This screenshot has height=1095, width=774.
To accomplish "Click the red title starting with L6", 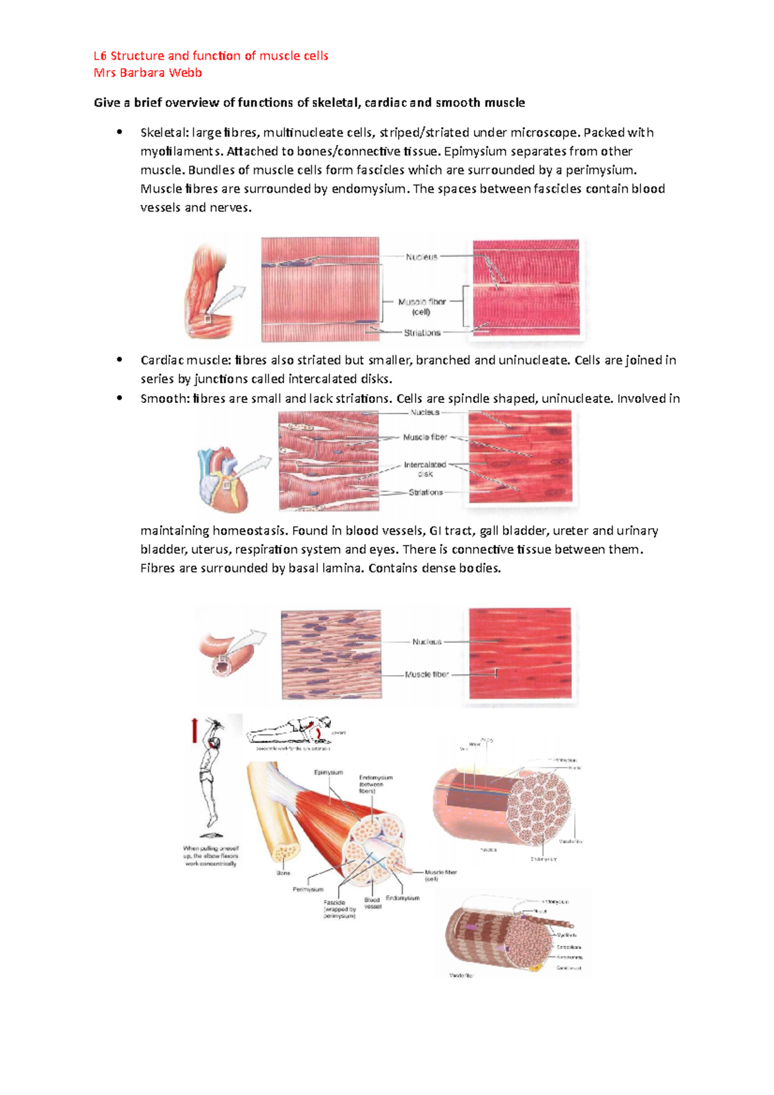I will pyautogui.click(x=211, y=56).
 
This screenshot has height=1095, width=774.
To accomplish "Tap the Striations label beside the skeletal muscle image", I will pyautogui.click(x=422, y=333).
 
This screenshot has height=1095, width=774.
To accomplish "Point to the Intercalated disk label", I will pyautogui.click(x=425, y=469).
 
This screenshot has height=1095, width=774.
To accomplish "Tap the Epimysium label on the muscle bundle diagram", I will pyautogui.click(x=328, y=772).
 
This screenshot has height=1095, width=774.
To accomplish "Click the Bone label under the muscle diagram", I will pyautogui.click(x=283, y=873).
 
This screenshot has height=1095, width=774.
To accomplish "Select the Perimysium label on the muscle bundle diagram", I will pyautogui.click(x=308, y=889).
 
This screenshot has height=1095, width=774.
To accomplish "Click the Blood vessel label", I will pyautogui.click(x=372, y=903).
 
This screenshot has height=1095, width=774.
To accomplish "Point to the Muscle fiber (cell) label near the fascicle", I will pyautogui.click(x=441, y=875).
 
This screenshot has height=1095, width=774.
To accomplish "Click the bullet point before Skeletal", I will pyautogui.click(x=119, y=133).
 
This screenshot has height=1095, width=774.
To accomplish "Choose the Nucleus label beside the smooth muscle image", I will pyautogui.click(x=426, y=642).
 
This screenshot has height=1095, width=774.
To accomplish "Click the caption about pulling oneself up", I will pyautogui.click(x=211, y=856).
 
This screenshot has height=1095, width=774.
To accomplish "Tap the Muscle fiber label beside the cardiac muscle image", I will pyautogui.click(x=425, y=437).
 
